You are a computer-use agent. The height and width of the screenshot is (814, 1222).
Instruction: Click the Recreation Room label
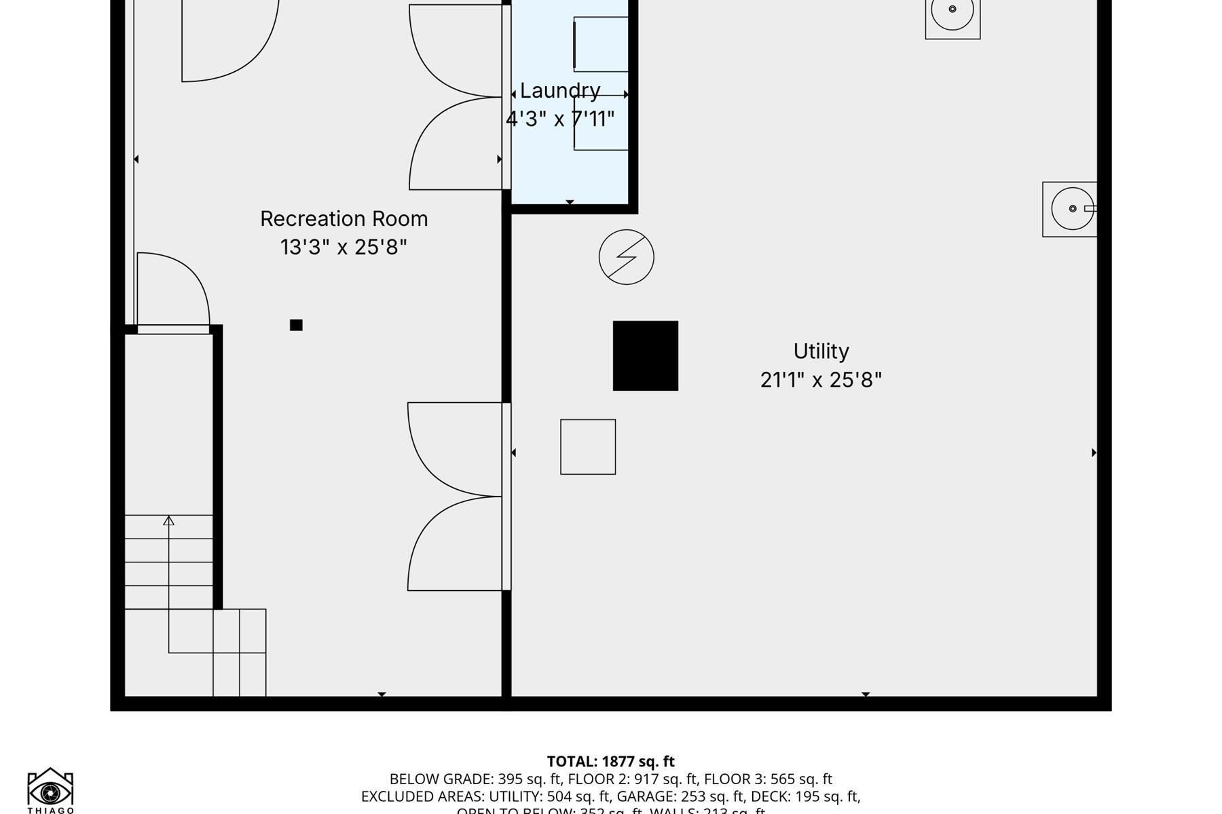344,218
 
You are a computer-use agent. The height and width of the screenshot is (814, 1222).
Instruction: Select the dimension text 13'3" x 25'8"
344,247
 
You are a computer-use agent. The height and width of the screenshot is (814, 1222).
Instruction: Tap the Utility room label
821,351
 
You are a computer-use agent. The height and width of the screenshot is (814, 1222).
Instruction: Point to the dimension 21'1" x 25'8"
821,379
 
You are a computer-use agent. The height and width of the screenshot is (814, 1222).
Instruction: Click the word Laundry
560,90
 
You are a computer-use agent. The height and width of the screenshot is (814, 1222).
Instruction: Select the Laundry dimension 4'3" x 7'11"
560,119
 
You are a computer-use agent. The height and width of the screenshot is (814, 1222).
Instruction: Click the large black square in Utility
645,355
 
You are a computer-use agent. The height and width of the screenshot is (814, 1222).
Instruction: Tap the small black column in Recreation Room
296,325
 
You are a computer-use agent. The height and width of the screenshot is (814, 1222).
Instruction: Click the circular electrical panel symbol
626,257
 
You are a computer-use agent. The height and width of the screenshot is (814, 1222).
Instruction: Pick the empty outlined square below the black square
588,446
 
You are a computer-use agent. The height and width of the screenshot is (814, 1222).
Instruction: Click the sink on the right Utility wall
1071,209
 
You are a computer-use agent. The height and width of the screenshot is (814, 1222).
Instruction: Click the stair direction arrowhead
168,520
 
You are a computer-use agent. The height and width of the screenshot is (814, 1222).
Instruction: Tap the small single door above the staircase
173,292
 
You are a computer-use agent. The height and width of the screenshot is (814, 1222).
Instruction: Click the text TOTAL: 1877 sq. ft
610,761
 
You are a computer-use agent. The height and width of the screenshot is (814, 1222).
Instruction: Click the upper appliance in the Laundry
601,44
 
